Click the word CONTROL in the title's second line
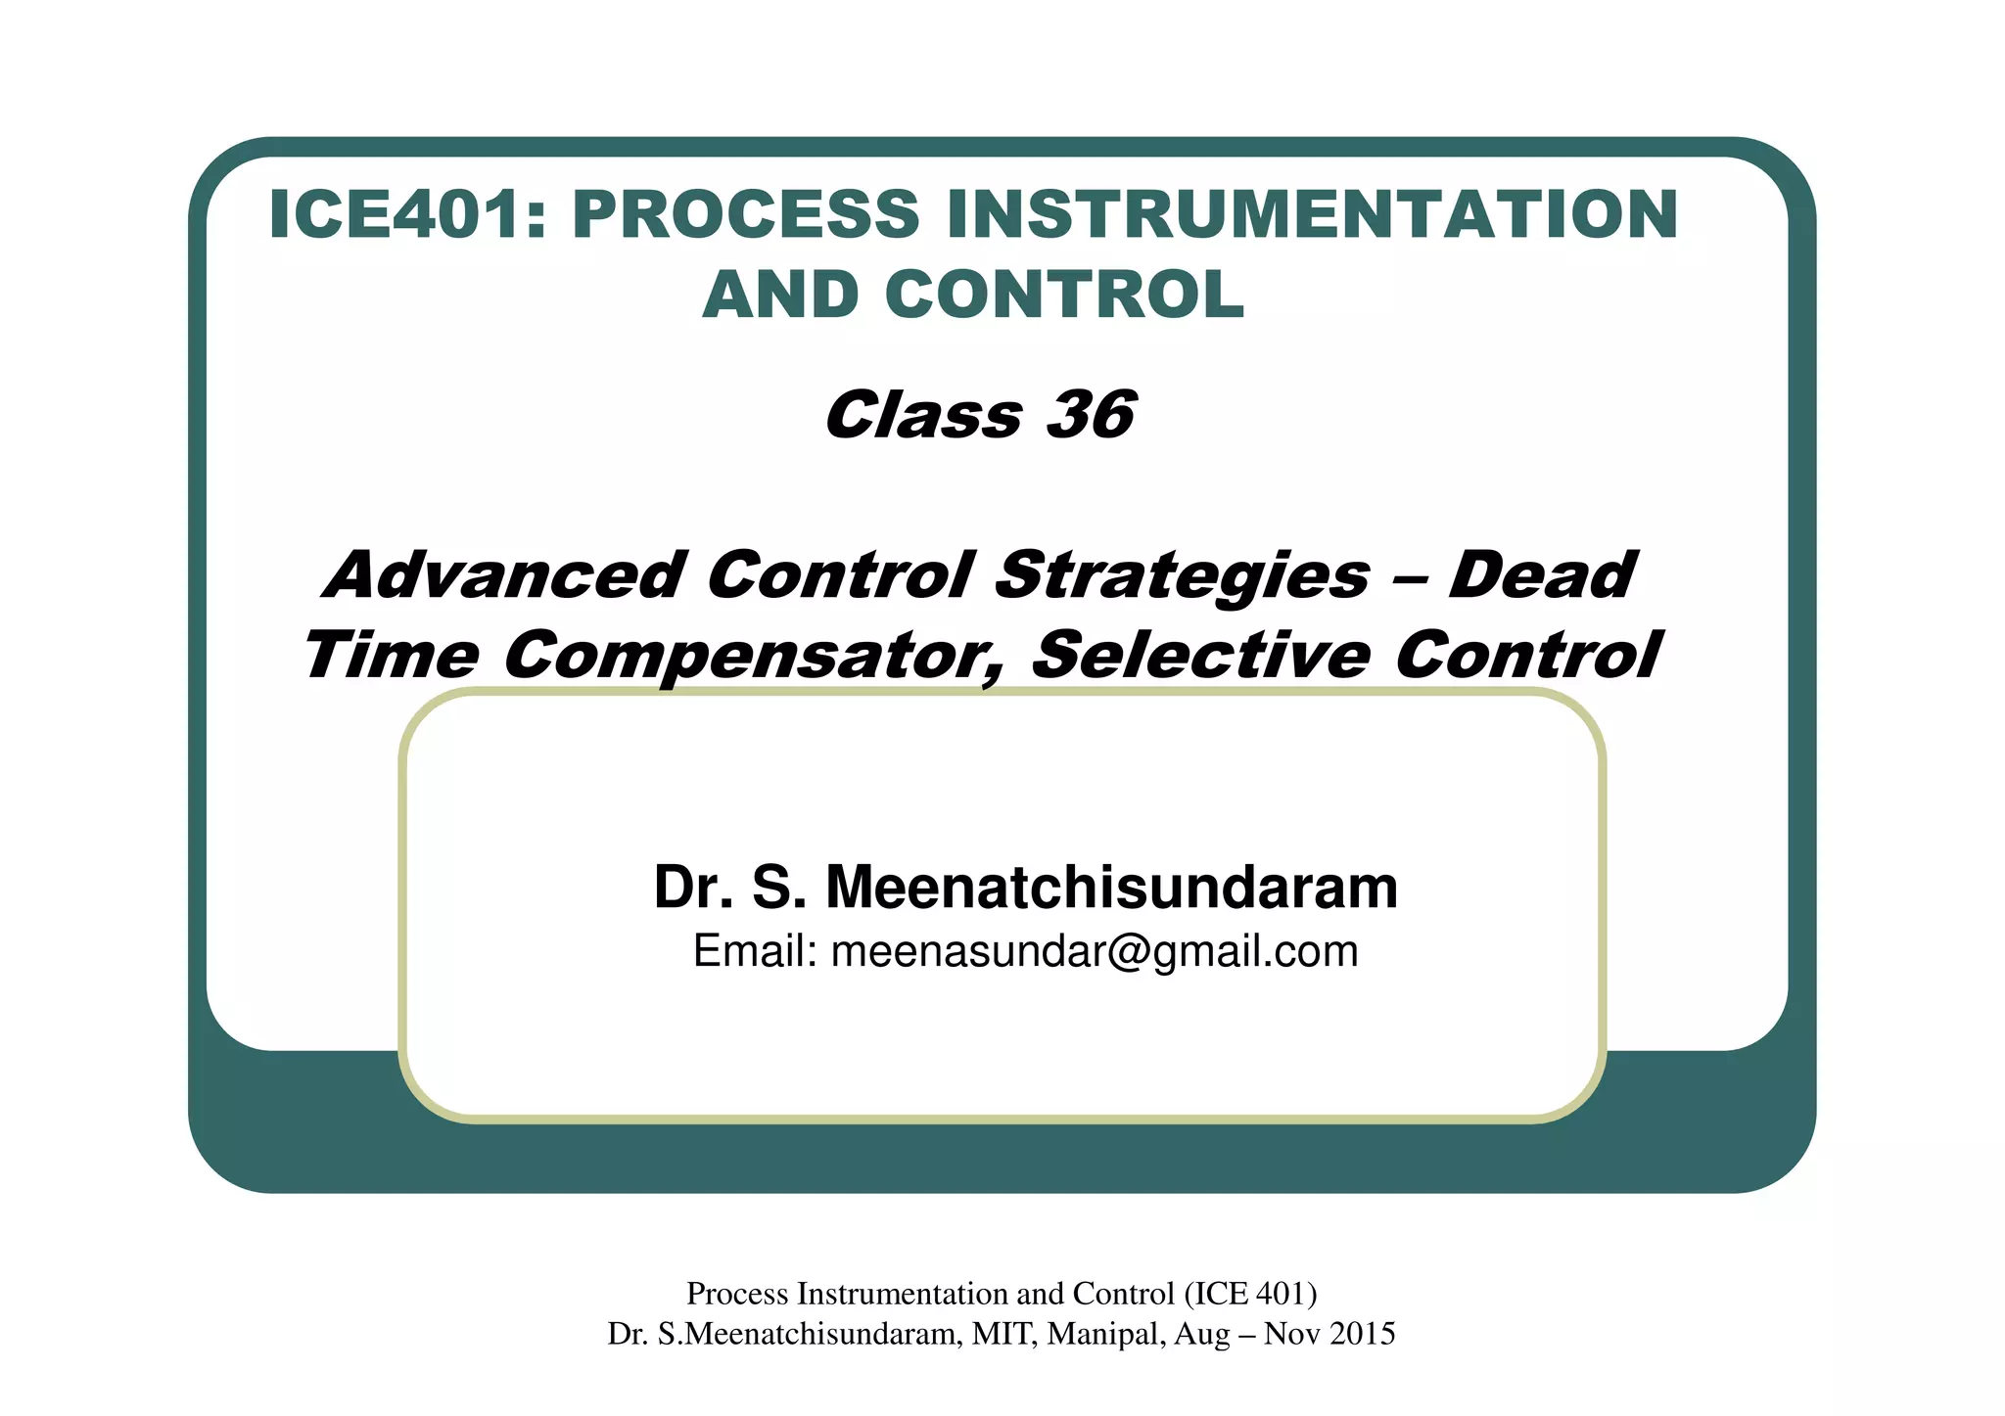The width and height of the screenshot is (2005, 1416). tap(1064, 295)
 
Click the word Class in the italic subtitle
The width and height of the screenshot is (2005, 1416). tap(923, 415)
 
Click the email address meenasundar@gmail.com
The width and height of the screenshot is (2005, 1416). tap(1095, 951)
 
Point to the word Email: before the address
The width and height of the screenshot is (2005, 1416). tap(755, 951)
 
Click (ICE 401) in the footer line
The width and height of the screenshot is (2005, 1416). tap(1250, 1294)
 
